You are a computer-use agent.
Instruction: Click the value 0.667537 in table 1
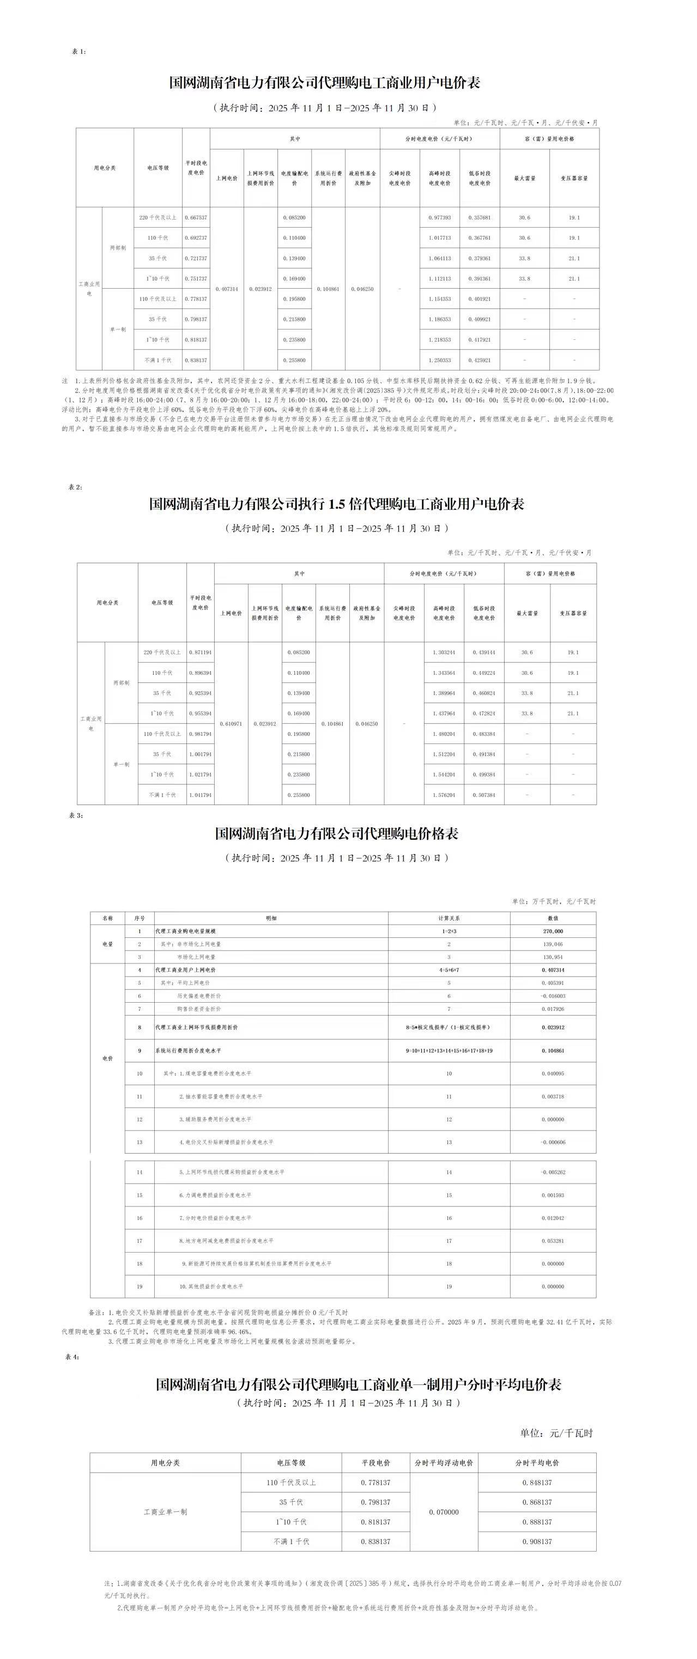coord(196,218)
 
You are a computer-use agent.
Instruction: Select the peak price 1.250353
coord(439,360)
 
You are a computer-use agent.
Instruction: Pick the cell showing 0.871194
coord(201,652)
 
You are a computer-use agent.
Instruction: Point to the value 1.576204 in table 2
coord(444,795)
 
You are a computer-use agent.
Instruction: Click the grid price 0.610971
coord(231,724)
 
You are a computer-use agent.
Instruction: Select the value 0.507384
coord(484,795)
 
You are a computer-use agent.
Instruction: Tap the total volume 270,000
coord(553,931)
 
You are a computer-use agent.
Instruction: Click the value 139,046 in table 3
coord(553,944)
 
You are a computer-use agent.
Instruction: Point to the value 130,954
coord(553,957)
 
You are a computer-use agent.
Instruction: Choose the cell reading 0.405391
coord(553,983)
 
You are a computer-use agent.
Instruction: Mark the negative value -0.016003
coord(552,996)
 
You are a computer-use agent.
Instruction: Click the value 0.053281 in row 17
coord(553,1240)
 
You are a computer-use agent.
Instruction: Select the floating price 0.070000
coord(444,1511)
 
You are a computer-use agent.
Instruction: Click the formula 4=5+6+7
coord(449,970)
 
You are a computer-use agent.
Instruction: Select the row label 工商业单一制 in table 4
coord(165,1511)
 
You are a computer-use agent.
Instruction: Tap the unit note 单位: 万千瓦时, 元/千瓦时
coord(554,901)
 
